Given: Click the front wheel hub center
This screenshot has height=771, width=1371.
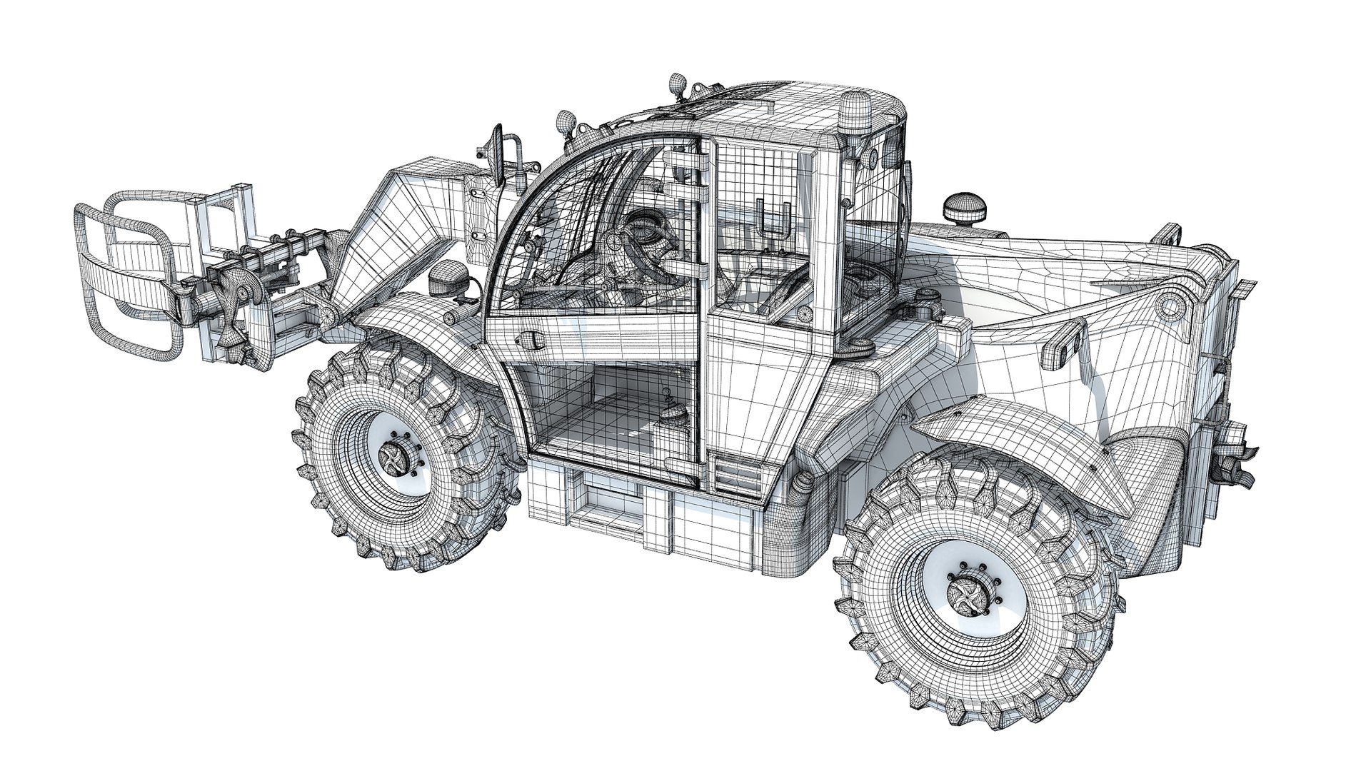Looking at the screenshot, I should pos(393,455).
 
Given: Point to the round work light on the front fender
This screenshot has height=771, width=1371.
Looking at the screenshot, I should pos(446,276).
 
